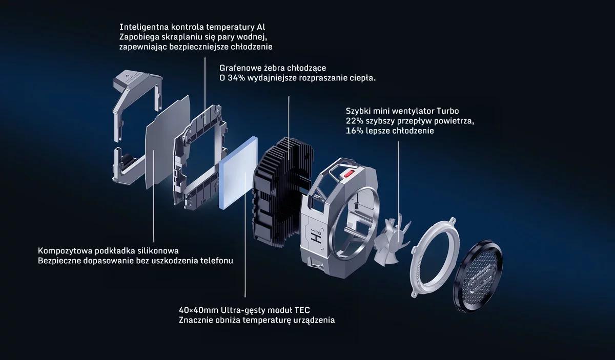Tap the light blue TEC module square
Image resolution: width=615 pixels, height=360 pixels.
[x=238, y=173]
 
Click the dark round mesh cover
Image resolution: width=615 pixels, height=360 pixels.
[x=478, y=277]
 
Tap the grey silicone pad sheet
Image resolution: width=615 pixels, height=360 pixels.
[x=168, y=142]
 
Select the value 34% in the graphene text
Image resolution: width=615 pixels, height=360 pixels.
[x=236, y=78]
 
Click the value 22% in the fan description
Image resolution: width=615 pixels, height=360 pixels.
[x=355, y=121]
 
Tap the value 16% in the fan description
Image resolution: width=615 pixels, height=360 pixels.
[x=355, y=131]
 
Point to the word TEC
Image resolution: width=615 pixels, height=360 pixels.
[x=302, y=310]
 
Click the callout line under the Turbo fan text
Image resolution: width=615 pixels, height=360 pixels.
[x=398, y=189]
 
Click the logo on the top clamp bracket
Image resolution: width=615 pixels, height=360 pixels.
[x=127, y=74]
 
